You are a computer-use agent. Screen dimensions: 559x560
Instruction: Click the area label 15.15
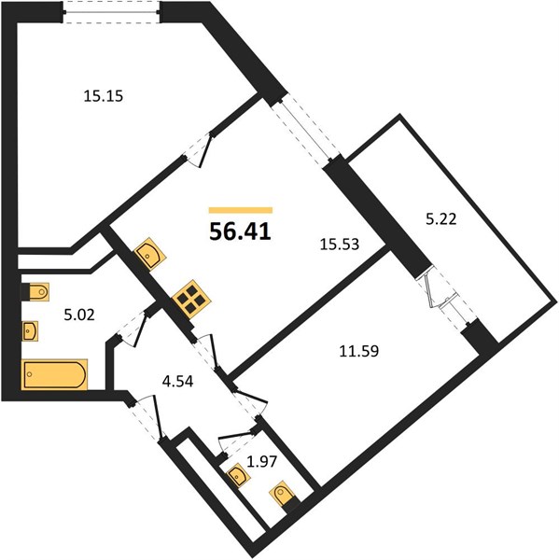click(x=104, y=96)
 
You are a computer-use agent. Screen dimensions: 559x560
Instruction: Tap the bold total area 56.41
click(x=241, y=231)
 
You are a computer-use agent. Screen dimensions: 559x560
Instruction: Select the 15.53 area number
click(x=340, y=245)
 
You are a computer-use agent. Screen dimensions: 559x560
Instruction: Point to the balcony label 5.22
click(x=441, y=219)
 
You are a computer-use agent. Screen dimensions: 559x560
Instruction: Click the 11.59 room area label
click(x=358, y=351)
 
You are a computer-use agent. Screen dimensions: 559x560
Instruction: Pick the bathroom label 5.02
click(x=79, y=315)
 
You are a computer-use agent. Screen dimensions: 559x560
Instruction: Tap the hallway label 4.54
click(x=177, y=382)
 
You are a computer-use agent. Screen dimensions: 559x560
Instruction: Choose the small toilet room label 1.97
click(x=262, y=461)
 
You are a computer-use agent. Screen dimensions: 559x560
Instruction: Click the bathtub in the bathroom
click(x=55, y=374)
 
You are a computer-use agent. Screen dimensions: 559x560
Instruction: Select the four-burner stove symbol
click(x=192, y=300)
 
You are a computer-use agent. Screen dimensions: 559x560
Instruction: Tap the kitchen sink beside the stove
click(x=150, y=254)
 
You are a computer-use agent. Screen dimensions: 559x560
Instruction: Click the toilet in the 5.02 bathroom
click(x=35, y=292)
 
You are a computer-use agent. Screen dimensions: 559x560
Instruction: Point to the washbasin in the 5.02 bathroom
click(x=30, y=331)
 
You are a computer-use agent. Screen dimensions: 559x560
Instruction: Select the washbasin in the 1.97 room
click(x=237, y=475)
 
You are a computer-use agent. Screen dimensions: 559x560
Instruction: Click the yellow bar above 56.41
click(x=241, y=210)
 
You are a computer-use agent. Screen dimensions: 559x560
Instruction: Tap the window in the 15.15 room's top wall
click(x=111, y=12)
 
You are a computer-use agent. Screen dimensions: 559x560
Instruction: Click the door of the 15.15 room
click(x=198, y=150)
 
